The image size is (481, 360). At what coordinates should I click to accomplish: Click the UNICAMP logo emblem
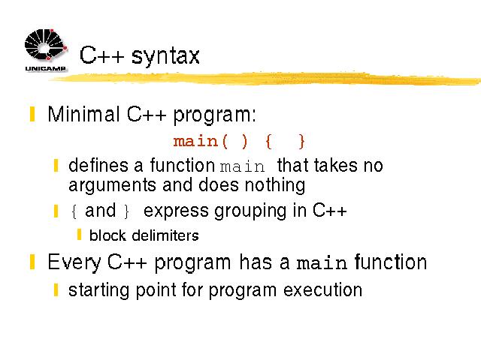[x=46, y=44]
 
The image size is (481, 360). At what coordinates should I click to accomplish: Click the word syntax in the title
[x=165, y=56]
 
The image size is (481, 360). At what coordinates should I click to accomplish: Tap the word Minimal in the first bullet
[x=83, y=114]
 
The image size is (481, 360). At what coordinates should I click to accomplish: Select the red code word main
[x=195, y=142]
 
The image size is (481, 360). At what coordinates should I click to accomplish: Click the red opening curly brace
[x=269, y=142]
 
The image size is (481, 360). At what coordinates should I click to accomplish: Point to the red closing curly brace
[x=302, y=142]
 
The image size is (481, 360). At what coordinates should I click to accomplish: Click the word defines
[x=98, y=165]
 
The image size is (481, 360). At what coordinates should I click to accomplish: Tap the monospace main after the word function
[x=242, y=166]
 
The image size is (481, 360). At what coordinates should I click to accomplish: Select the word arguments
[x=113, y=186]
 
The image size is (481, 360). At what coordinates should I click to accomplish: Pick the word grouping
[x=250, y=211]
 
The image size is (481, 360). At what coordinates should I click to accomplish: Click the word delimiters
[x=165, y=235]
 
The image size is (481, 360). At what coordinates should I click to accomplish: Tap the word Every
[x=74, y=262]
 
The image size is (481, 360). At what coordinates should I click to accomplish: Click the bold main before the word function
[x=322, y=263]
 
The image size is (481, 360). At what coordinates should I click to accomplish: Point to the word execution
[x=322, y=289]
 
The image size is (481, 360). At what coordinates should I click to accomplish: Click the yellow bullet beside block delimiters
[x=79, y=235]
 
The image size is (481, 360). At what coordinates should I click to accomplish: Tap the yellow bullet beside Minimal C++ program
[x=32, y=114]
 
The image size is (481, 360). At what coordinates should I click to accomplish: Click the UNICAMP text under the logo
[x=45, y=68]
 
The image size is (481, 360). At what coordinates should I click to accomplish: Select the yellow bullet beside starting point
[x=56, y=289]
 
